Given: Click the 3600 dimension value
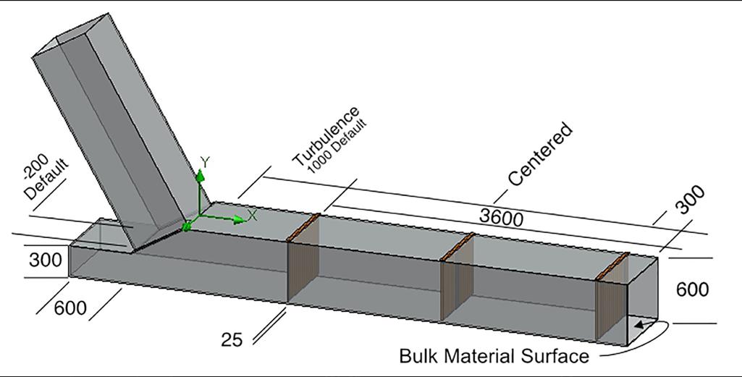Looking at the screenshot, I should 501,216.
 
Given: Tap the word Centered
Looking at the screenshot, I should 540,155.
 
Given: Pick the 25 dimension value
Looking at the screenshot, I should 232,339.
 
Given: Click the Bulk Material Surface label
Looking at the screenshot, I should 494,356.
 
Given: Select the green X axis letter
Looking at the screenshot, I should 253,215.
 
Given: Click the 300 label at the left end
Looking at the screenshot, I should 45,259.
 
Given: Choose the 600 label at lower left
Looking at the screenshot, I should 70,308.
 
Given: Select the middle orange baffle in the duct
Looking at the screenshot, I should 457,246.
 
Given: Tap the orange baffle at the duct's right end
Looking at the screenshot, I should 612,266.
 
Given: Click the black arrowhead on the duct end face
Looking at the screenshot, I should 639,326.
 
